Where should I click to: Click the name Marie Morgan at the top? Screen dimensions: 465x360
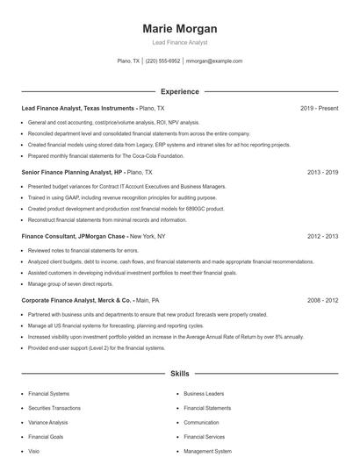(179, 29)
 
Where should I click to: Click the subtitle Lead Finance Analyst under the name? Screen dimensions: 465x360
(179, 42)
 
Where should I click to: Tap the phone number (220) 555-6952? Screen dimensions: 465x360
(163, 61)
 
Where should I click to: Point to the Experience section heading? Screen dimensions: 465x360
(179, 91)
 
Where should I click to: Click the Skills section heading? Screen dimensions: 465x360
(179, 374)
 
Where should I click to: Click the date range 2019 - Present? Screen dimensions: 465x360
(319, 108)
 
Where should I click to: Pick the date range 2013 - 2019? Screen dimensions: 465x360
(322, 173)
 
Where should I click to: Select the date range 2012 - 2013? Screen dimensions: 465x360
(322, 237)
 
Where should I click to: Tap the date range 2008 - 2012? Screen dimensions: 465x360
(322, 300)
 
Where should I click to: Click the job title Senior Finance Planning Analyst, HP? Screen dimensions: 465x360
(71, 173)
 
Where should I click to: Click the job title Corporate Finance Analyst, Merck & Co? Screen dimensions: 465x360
(78, 300)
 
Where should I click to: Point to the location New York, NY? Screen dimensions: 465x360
(149, 237)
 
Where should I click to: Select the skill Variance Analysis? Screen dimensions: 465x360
(47, 422)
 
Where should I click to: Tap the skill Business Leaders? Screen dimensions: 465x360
(204, 394)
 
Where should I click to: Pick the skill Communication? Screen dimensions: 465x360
(201, 422)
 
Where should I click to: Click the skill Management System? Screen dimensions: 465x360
(207, 451)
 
